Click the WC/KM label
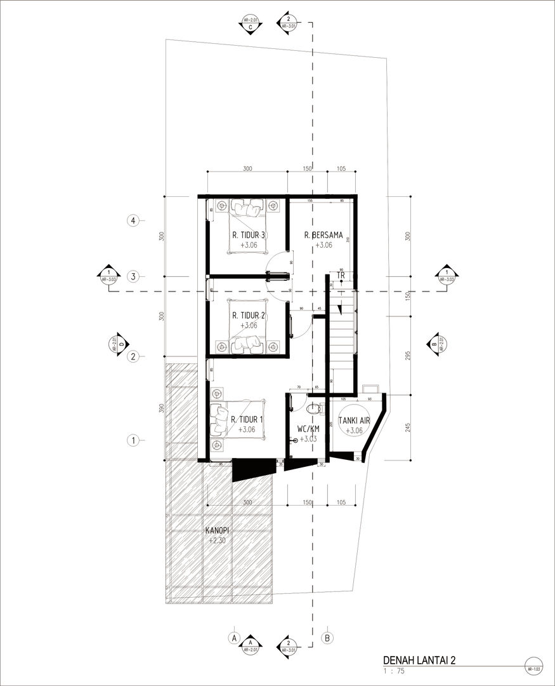pos(308,429)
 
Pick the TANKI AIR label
pos(350,420)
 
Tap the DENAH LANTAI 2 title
pos(419,660)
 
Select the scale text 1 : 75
pos(395,670)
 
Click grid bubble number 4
pos(133,221)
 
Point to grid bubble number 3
pos(133,276)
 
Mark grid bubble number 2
pos(133,356)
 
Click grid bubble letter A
pos(234,636)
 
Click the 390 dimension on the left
pos(162,408)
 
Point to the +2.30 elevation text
pos(217,541)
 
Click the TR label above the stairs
pos(341,275)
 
